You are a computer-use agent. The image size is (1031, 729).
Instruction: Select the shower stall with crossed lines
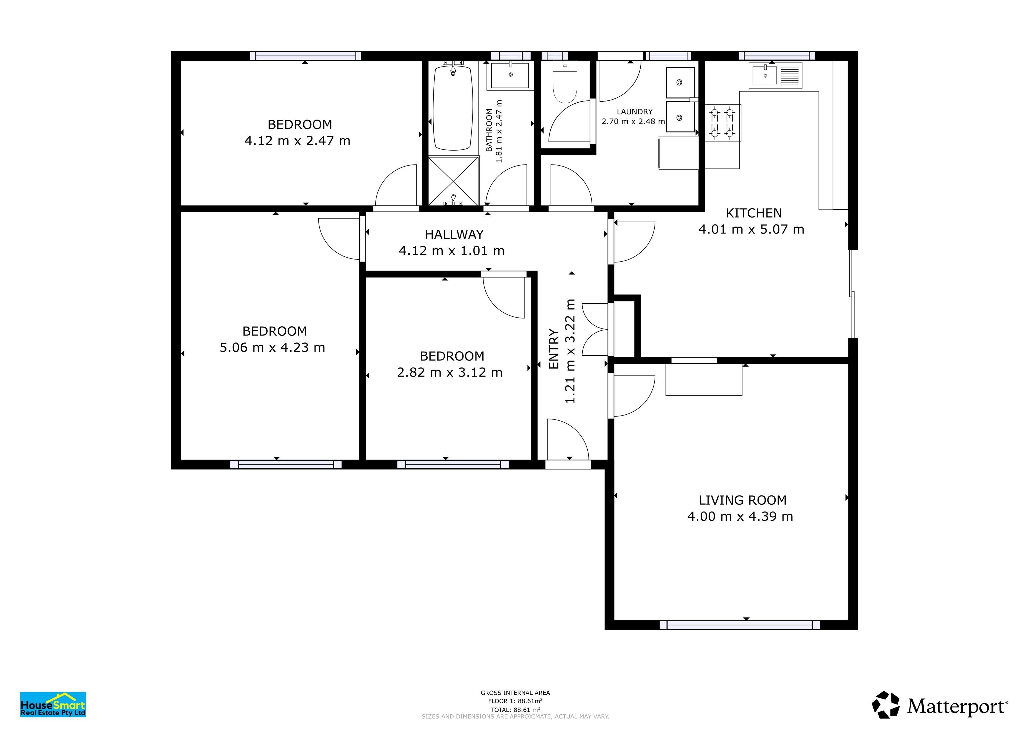[453, 181]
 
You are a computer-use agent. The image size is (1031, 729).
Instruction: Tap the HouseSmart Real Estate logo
[53, 704]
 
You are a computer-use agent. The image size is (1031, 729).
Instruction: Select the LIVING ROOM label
[742, 500]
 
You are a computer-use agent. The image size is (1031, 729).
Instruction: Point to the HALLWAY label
[454, 234]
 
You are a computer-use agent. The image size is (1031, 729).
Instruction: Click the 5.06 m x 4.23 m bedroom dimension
[272, 347]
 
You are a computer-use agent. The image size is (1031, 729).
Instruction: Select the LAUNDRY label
[634, 111]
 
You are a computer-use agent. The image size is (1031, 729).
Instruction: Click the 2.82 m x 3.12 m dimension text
[449, 373]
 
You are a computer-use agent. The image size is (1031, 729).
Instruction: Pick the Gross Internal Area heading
[515, 693]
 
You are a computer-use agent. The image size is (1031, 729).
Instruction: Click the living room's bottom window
[740, 625]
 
